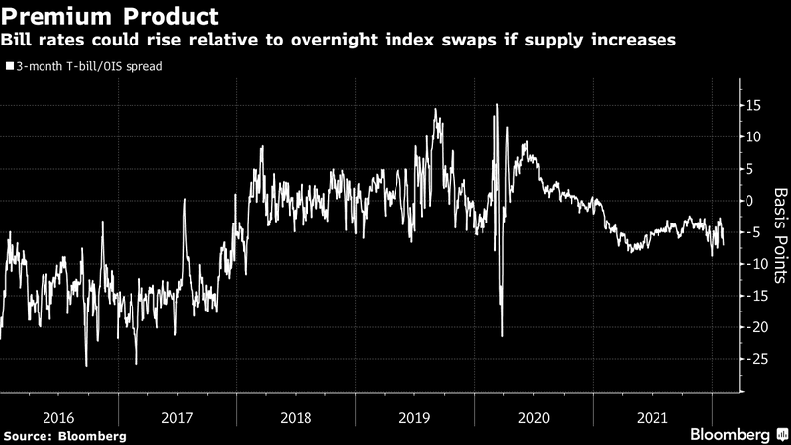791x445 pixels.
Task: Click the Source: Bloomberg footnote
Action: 65,435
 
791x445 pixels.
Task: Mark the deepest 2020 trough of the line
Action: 502,336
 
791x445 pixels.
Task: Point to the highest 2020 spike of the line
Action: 496,104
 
